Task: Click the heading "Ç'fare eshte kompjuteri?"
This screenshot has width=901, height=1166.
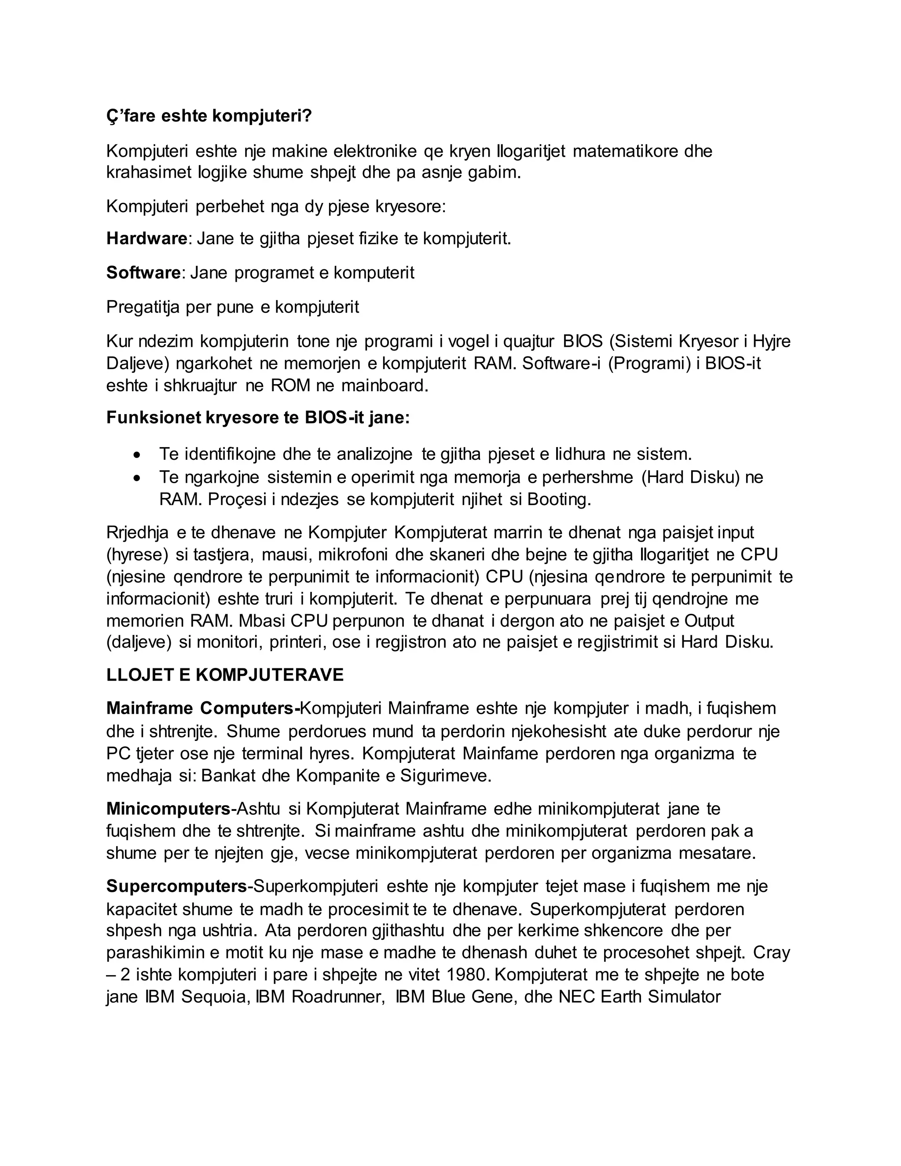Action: pyautogui.click(x=209, y=116)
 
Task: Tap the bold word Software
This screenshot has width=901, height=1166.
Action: pyautogui.click(x=143, y=273)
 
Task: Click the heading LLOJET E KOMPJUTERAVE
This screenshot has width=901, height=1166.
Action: pyautogui.click(x=225, y=675)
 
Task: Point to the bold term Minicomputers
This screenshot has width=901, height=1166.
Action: pyautogui.click(x=168, y=809)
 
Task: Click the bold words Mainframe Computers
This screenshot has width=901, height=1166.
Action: pyautogui.click(x=203, y=708)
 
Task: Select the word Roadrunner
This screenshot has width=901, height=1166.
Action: pyautogui.click(x=338, y=997)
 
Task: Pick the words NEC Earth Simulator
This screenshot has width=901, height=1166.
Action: pyautogui.click(x=639, y=997)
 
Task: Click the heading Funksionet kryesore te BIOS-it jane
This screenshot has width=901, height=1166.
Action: pyautogui.click(x=258, y=418)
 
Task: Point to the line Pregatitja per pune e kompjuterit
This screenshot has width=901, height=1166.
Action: pyautogui.click(x=233, y=307)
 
